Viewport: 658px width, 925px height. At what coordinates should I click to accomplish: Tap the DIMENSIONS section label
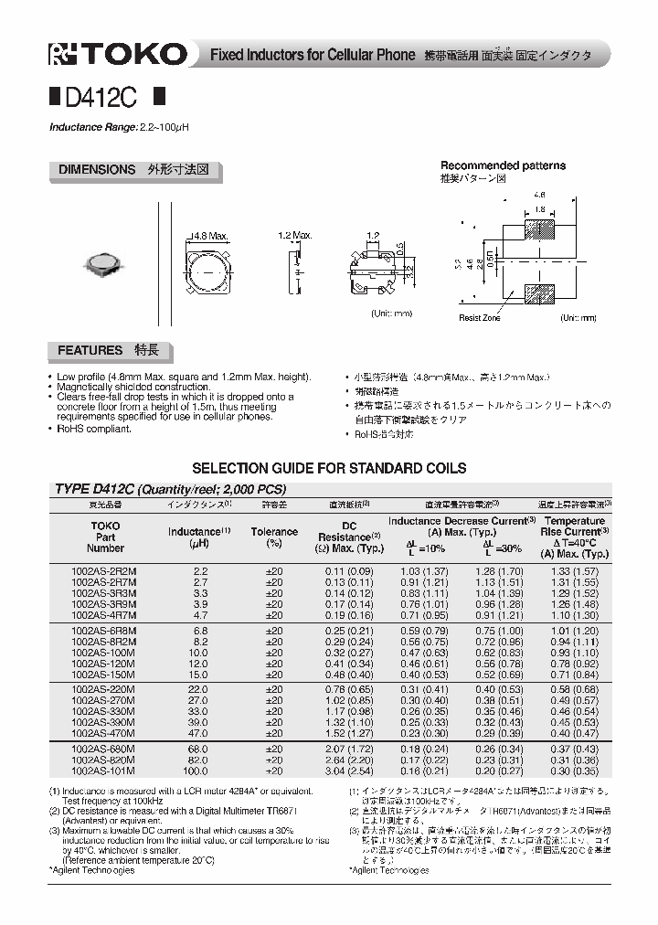click(96, 170)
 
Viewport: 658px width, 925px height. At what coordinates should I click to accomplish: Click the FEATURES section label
click(90, 350)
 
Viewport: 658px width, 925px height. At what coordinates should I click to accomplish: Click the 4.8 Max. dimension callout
click(209, 236)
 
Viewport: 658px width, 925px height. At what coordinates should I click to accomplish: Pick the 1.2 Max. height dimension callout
click(295, 236)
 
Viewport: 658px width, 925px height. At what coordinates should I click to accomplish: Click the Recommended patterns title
click(503, 166)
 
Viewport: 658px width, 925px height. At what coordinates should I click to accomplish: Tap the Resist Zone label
click(480, 318)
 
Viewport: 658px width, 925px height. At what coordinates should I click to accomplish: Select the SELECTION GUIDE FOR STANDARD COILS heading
click(329, 468)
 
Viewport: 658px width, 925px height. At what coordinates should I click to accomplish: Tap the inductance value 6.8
click(199, 631)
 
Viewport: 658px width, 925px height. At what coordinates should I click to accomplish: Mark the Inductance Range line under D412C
click(119, 127)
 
